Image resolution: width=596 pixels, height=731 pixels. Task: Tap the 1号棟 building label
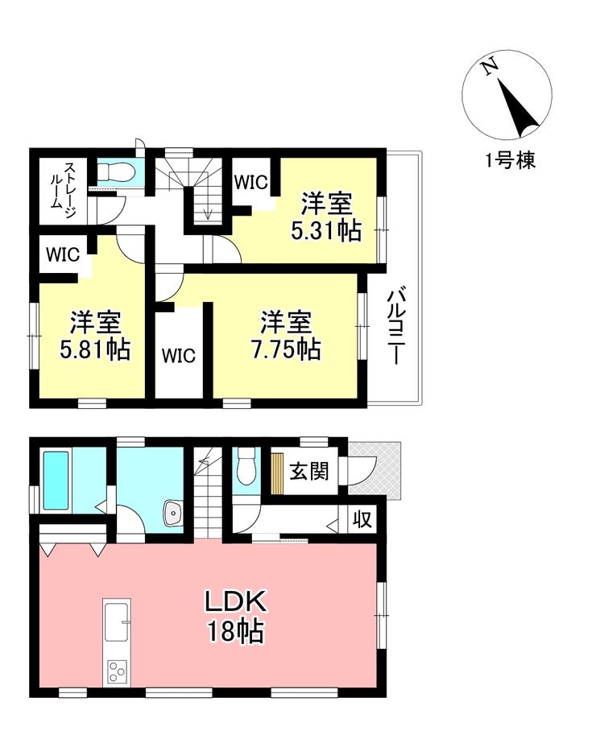tap(510, 160)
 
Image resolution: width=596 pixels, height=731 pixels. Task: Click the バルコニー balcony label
tap(397, 326)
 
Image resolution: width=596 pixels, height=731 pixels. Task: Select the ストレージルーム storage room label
tap(64, 191)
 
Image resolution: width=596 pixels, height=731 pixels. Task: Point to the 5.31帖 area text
tap(326, 230)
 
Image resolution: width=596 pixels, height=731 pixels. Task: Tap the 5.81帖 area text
tap(95, 349)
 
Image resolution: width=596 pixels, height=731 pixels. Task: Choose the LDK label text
tap(236, 601)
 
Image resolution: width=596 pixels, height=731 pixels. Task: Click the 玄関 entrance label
tap(308, 472)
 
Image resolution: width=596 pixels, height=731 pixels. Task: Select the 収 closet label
tap(362, 518)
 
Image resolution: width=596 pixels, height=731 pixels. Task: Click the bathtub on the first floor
tap(56, 480)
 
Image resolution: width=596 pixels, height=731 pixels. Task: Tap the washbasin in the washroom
tap(172, 514)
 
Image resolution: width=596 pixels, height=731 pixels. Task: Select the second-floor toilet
tap(116, 173)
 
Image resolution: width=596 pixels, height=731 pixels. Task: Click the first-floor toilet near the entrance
tap(246, 467)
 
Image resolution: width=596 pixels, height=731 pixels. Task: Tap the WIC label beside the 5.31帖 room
tap(251, 182)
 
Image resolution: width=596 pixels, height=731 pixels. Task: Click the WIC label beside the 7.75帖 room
tap(179, 356)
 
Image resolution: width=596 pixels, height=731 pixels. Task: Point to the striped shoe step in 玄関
tap(277, 473)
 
